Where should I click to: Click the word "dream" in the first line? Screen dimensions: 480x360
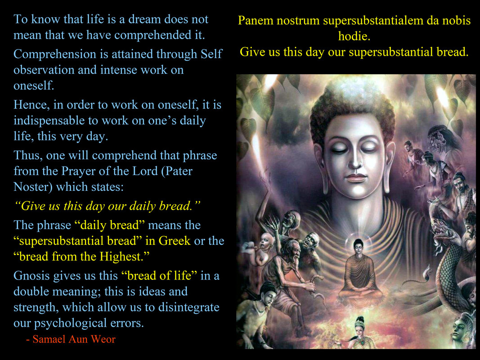(144, 19)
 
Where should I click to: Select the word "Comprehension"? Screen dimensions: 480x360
(55, 54)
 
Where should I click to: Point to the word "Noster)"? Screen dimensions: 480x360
(33, 187)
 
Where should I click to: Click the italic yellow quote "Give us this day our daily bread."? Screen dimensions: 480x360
(107, 206)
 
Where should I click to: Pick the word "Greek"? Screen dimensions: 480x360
(175, 241)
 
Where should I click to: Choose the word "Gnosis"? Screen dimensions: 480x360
(31, 275)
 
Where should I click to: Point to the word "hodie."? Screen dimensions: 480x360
(354, 36)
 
